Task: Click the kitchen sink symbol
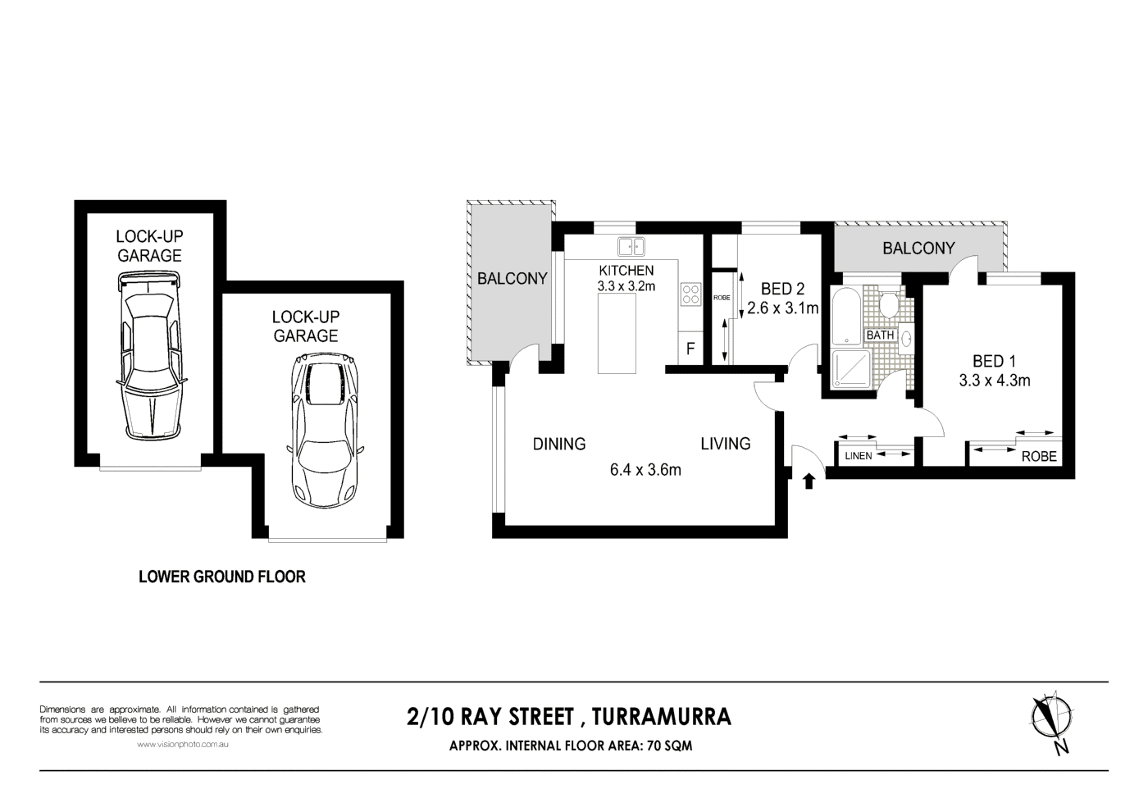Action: [631, 245]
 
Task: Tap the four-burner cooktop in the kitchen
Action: [690, 294]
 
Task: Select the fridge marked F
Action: [690, 349]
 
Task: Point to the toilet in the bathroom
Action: [887, 306]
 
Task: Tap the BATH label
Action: [881, 335]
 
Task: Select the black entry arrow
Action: [810, 480]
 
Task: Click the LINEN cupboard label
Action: [858, 456]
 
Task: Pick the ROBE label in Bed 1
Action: [1039, 457]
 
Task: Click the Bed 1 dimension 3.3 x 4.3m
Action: [994, 380]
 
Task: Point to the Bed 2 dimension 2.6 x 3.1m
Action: [783, 308]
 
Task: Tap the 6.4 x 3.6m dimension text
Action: [645, 470]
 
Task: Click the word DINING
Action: [559, 444]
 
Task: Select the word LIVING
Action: [725, 444]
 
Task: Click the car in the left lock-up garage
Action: [149, 357]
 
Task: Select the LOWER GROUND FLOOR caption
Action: [222, 577]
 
